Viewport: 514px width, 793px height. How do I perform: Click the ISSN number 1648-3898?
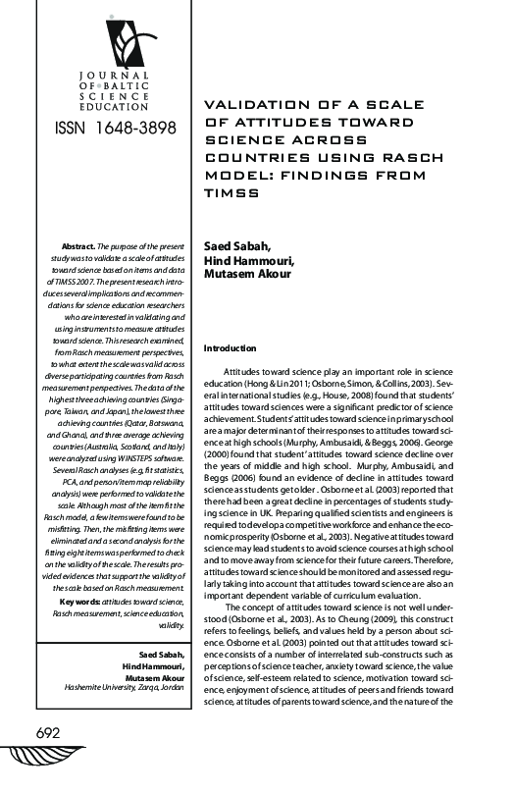pos(108,129)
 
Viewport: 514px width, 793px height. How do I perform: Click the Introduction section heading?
pos(230,348)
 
